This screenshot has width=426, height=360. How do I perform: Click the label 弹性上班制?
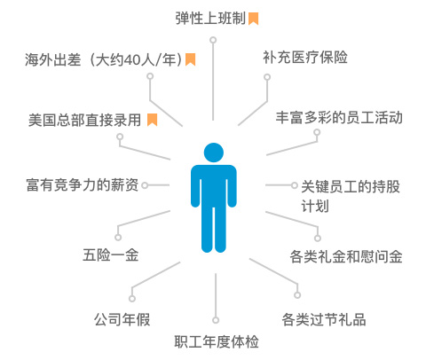[x=210, y=19]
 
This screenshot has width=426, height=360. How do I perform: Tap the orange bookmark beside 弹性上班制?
[x=253, y=19]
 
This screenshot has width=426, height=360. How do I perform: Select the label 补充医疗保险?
[x=305, y=57]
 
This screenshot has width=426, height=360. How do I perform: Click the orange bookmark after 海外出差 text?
[x=190, y=59]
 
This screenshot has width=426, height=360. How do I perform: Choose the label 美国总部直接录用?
[x=84, y=120]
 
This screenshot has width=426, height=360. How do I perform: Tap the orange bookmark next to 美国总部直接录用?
[x=152, y=120]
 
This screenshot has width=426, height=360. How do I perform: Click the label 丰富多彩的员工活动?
[x=339, y=117]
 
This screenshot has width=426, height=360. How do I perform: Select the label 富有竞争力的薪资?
[x=83, y=185]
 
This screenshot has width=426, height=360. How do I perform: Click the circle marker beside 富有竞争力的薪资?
[x=145, y=185]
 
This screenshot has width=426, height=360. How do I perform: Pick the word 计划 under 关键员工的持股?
[x=315, y=206]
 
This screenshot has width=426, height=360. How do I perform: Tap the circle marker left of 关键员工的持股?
[x=294, y=185]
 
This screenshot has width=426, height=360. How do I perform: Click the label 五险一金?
[x=111, y=254]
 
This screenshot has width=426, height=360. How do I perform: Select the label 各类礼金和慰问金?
[x=346, y=256]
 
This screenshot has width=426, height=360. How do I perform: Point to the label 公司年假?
[x=122, y=319]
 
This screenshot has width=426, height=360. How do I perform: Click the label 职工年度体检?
[x=217, y=341]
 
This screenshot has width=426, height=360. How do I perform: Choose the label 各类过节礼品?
[x=324, y=319]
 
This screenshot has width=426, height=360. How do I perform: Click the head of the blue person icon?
[x=214, y=153]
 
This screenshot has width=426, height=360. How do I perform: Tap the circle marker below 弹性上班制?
[x=213, y=40]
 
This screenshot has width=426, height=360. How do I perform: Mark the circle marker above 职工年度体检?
[x=216, y=320]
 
